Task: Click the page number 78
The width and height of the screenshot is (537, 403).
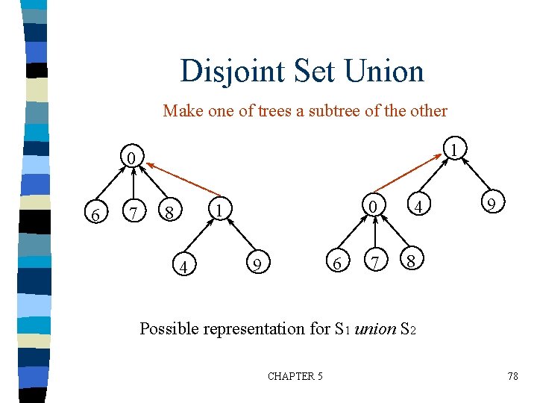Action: pos(512,376)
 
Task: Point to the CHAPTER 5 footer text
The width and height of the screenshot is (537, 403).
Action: pos(295,376)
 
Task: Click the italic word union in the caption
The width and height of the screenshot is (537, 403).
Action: pos(376,328)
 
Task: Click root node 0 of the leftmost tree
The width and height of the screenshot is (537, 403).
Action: pos(131,158)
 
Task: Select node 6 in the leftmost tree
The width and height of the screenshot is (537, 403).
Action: pos(95,216)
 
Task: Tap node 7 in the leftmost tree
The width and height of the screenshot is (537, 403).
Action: pos(134,215)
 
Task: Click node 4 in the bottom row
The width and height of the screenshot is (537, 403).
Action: pos(180,266)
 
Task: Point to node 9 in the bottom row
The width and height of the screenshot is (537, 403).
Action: pos(256,263)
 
